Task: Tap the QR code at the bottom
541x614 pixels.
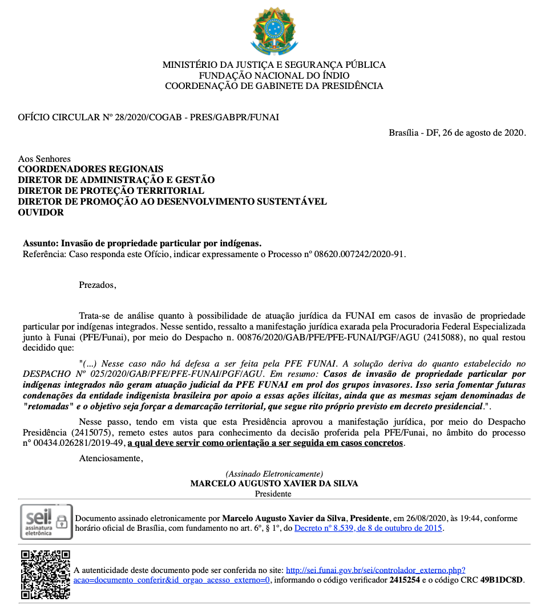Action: coord(46,575)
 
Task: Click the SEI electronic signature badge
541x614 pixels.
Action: coord(46,522)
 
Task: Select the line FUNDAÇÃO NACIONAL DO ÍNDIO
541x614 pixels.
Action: coord(274,76)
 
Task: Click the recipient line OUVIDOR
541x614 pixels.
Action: coord(41,212)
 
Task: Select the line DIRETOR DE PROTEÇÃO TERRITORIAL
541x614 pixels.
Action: coord(111,190)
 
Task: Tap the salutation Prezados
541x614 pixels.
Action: coord(97,285)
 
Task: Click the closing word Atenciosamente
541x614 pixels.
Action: coord(111,458)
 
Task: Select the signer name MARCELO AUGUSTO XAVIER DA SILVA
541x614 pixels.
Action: coord(274,483)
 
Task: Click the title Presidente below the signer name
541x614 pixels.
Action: coord(274,494)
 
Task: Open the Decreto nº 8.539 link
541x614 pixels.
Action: coord(369,528)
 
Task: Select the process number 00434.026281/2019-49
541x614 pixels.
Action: coord(74,443)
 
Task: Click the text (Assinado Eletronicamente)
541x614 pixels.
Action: coord(274,474)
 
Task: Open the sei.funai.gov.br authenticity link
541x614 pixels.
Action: coord(376,570)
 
